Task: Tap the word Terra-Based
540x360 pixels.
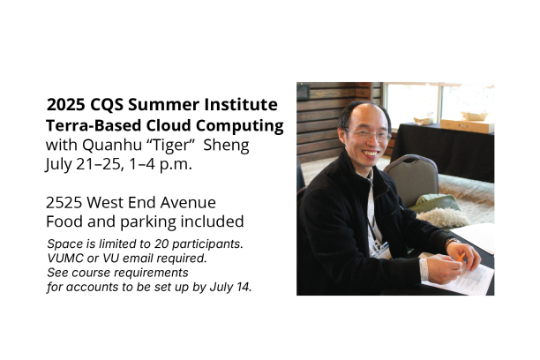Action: click(x=94, y=126)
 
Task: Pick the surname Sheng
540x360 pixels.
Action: click(x=226, y=145)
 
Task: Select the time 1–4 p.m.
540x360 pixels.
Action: click(x=161, y=164)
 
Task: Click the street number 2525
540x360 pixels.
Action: click(x=64, y=203)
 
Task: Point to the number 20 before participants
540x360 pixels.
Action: click(x=161, y=244)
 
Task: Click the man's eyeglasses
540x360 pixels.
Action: click(x=368, y=134)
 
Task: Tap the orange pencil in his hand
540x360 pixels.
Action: click(x=461, y=258)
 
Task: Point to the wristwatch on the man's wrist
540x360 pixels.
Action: click(x=451, y=241)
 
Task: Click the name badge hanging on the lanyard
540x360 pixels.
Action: click(x=381, y=251)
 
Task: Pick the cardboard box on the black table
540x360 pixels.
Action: click(x=467, y=126)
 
